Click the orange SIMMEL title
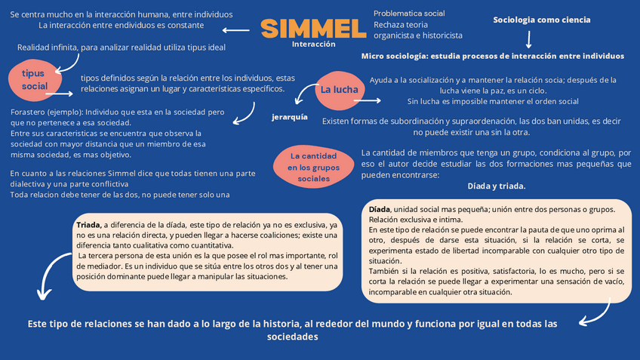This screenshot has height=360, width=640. [313, 29]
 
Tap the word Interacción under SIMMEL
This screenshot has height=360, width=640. [313, 45]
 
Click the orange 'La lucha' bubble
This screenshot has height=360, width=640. [340, 90]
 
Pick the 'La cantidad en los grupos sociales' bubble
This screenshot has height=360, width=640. [313, 168]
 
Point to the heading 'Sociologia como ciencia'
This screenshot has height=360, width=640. [541, 20]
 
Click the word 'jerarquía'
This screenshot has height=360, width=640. [290, 117]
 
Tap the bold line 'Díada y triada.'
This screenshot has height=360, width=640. [496, 186]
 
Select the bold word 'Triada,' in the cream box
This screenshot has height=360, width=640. [89, 225]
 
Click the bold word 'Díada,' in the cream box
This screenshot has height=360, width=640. [380, 209]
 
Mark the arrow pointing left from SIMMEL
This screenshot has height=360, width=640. [237, 30]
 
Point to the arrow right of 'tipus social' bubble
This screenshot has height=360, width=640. [60, 94]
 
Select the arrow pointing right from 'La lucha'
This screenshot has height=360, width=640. [368, 100]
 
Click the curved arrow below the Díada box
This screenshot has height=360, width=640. [600, 312]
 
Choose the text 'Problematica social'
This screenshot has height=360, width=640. [409, 14]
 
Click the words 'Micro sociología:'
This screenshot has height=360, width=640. [397, 56]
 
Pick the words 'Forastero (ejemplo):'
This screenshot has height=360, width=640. [43, 112]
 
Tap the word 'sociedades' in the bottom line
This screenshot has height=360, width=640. [293, 337]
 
